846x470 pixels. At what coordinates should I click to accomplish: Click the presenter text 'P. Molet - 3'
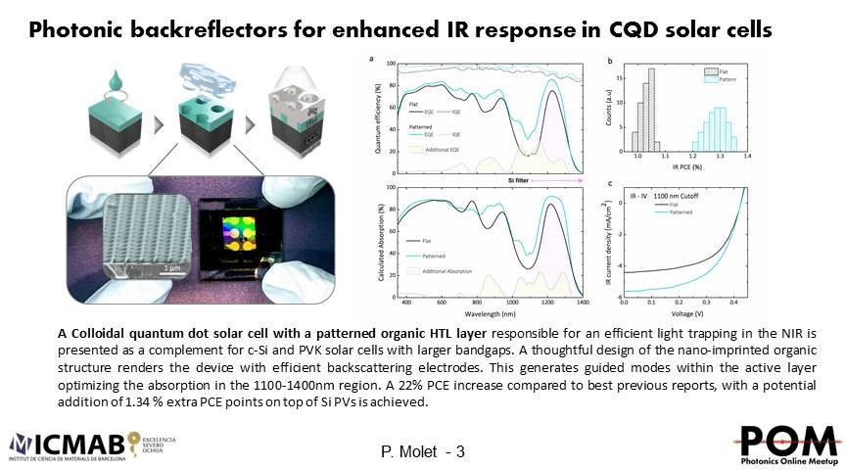point(422,451)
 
